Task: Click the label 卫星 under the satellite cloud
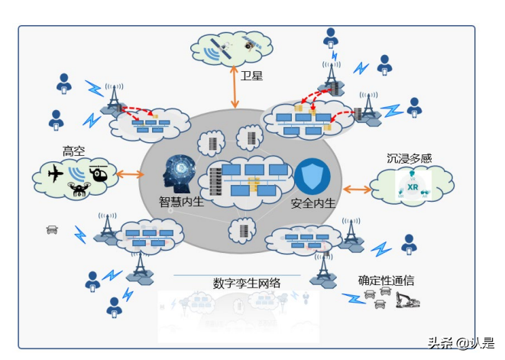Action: pyautogui.click(x=252, y=76)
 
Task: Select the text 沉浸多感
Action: pyautogui.click(x=409, y=159)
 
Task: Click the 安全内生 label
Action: pyautogui.click(x=313, y=205)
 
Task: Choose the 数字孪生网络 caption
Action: pyautogui.click(x=247, y=284)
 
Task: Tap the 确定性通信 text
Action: pyautogui.click(x=387, y=281)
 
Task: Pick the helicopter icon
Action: pyautogui.click(x=99, y=173)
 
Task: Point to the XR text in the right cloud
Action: pyautogui.click(x=412, y=186)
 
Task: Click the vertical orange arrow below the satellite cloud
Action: pyautogui.click(x=235, y=86)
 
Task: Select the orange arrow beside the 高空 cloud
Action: pyautogui.click(x=131, y=175)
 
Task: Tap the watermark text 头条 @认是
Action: pyautogui.click(x=460, y=342)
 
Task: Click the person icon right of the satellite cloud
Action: pyautogui.click(x=330, y=36)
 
